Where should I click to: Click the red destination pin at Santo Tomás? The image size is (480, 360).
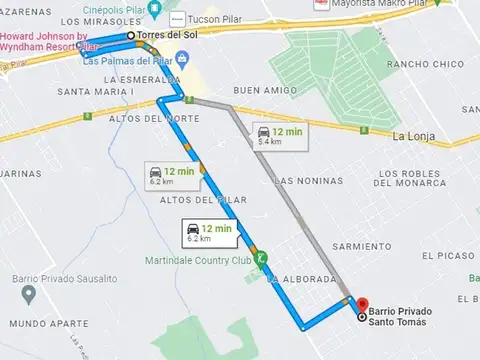point(361,305)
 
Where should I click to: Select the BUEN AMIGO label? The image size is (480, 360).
point(260,90)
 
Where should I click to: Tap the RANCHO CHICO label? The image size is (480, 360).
point(421,64)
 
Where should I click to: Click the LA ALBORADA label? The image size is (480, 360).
point(301,278)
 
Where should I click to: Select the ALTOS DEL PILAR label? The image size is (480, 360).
point(183,200)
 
